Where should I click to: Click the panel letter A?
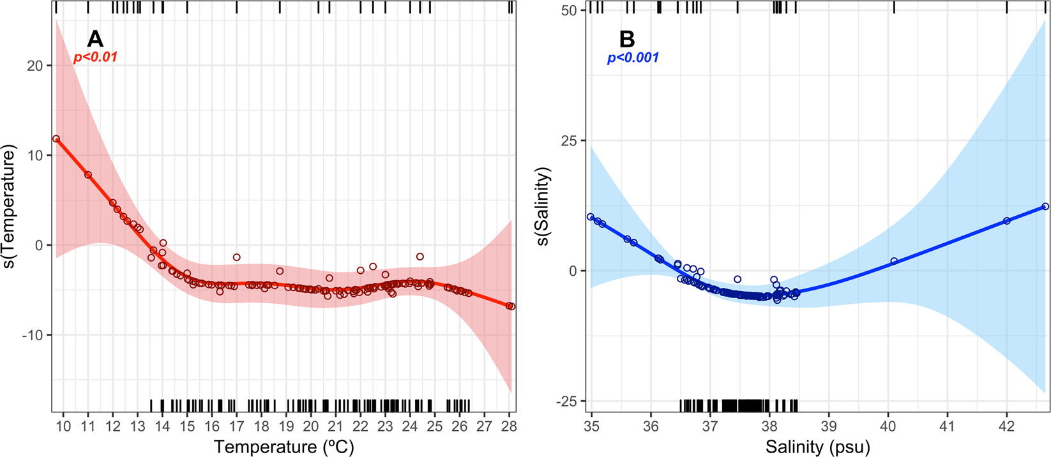click(x=95, y=39)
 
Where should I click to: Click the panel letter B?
click(x=627, y=39)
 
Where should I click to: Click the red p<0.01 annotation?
click(x=96, y=57)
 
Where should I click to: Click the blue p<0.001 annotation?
click(x=633, y=57)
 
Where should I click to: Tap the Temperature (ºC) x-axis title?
click(x=284, y=446)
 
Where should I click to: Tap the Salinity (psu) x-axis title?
click(x=818, y=446)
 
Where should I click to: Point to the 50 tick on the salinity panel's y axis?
click(x=570, y=11)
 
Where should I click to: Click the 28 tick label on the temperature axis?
click(x=509, y=426)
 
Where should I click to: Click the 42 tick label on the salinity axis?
click(x=1007, y=426)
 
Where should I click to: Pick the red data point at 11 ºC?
click(x=88, y=175)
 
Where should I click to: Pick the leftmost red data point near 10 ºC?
click(x=56, y=139)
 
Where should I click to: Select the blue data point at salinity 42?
click(x=1007, y=221)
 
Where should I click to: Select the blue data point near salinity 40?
click(x=894, y=261)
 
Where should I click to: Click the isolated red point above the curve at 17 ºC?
click(x=237, y=257)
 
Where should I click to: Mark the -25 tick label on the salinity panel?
click(x=567, y=401)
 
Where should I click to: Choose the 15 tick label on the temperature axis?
click(x=187, y=426)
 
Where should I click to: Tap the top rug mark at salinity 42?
click(x=1007, y=7)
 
